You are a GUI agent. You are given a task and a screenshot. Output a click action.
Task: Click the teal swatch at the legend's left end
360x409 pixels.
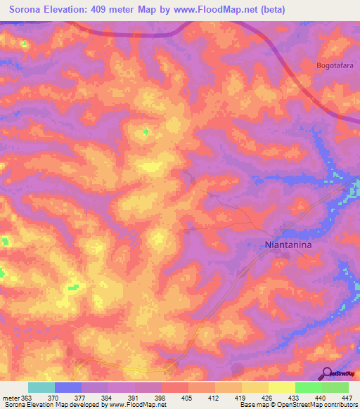[41, 387]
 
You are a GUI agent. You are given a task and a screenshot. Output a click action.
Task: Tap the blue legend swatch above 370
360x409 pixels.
[68, 387]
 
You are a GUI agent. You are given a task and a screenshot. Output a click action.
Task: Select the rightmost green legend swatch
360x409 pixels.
[335, 387]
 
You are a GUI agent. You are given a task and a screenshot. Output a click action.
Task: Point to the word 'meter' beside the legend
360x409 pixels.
[11, 397]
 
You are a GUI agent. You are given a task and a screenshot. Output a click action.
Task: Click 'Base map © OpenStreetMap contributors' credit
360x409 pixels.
[297, 405]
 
